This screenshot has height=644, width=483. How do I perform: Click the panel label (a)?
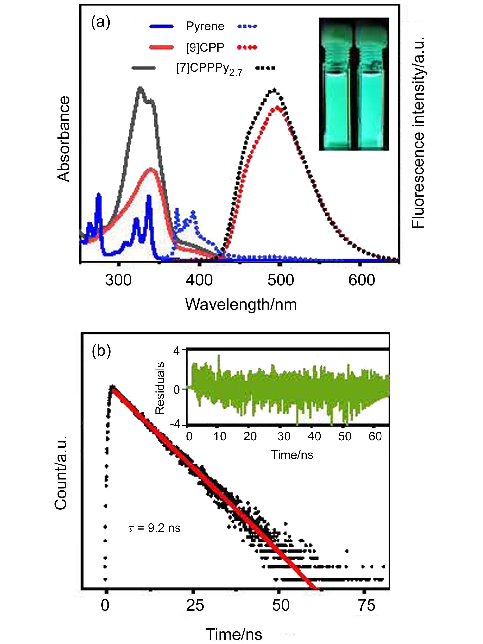tap(100, 22)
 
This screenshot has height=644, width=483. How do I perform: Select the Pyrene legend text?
tap(205, 27)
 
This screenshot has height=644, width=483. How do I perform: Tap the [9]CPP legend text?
tap(205, 47)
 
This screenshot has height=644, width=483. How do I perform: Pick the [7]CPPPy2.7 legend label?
tap(209, 69)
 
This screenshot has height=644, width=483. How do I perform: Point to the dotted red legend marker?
tap(247, 47)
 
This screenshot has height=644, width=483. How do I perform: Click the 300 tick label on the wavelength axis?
tap(118, 280)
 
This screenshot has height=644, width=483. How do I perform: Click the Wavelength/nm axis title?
tap(241, 304)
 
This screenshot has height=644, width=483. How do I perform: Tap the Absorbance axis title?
tap(64, 139)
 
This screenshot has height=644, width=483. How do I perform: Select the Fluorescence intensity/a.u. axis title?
tap(418, 133)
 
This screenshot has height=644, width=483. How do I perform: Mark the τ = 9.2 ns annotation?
tap(154, 528)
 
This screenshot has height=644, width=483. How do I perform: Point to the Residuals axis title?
tap(160, 388)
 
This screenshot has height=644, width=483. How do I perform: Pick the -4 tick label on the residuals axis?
tap(176, 424)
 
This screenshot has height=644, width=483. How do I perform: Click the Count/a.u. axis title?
tap(61, 473)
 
